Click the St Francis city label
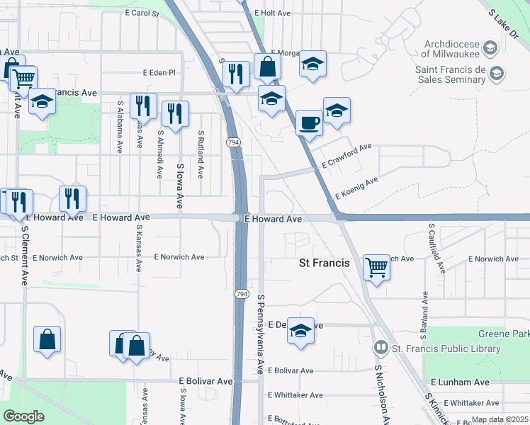[x=324, y=263]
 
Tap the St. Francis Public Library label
[x=446, y=348]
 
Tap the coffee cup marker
[x=308, y=123]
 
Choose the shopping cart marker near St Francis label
[x=376, y=267]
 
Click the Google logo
[x=24, y=416]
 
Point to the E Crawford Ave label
[x=346, y=156]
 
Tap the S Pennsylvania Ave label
[x=261, y=334]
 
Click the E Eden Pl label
[x=159, y=72]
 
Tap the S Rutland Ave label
[x=201, y=153]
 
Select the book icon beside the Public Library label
[x=381, y=348]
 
